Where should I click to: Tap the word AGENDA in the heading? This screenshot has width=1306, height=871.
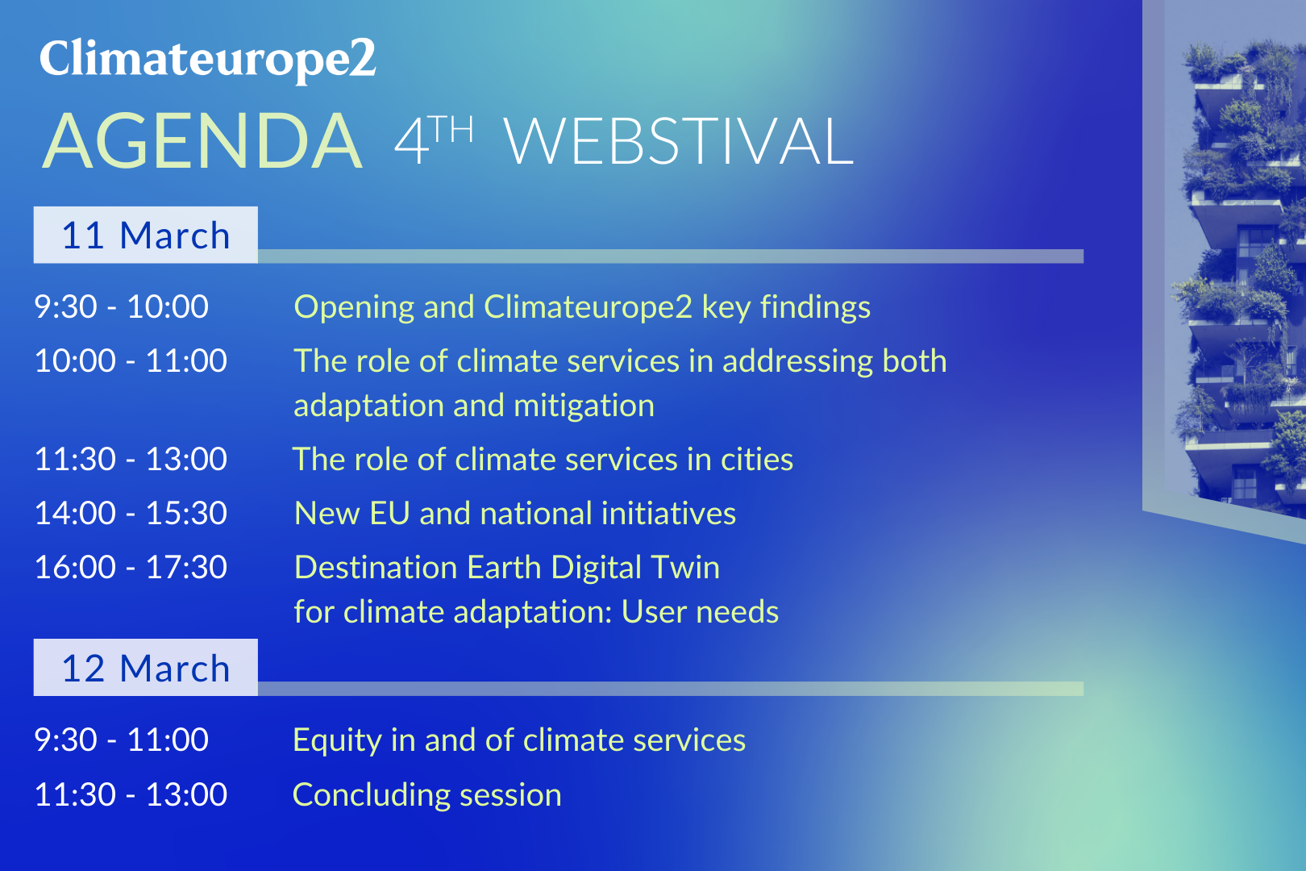pos(203,141)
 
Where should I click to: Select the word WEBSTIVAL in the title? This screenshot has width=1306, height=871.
pos(678,141)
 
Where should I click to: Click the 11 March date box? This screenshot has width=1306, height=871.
pos(146,235)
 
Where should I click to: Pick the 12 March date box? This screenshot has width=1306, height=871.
pos(146,668)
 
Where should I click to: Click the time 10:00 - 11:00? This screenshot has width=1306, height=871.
pos(131,360)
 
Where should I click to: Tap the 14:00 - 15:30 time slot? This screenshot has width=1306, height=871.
pos(131,514)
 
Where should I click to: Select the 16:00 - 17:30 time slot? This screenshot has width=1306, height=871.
pos(131,567)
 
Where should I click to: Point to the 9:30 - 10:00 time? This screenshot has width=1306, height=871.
pos(121,306)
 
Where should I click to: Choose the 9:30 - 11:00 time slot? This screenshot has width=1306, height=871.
pos(121,740)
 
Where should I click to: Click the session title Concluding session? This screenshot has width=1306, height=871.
pos(426,794)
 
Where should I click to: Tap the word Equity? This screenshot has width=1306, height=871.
pos(337,741)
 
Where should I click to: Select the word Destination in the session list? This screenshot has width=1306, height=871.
pos(376,567)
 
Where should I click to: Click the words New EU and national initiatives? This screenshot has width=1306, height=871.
pos(515,514)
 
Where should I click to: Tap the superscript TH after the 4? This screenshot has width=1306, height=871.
pos(454,130)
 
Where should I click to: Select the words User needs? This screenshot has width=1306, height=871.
pos(700,612)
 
